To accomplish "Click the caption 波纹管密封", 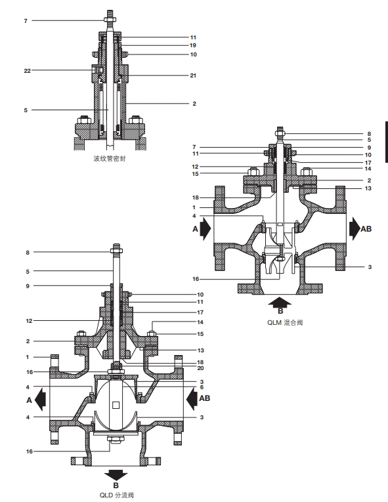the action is pos(110,159).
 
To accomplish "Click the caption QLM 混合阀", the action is pos(285,322).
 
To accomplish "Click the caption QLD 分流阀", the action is pos(117,495).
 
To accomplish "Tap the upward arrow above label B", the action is pos(280,302).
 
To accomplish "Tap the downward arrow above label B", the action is pos(116,475).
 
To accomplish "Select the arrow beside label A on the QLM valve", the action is pos(205,228).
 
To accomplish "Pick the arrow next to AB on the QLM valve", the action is pos(355,228).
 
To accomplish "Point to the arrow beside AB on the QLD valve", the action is pos(192,399).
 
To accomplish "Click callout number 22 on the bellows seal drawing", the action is pos(27,70).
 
